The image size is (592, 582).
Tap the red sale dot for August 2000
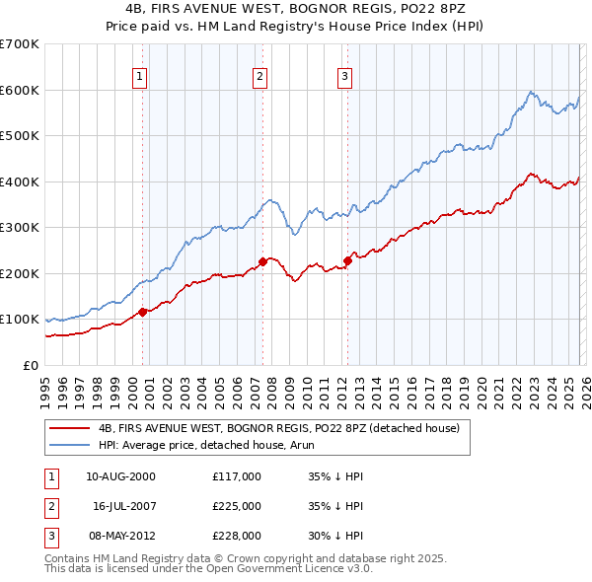(142, 312)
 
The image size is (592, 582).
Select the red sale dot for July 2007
(262, 261)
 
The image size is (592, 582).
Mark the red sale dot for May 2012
(347, 260)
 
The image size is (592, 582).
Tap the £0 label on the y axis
(30, 365)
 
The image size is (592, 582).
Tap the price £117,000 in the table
(237, 476)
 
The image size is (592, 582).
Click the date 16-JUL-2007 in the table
(124, 506)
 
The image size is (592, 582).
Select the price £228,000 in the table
(237, 536)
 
